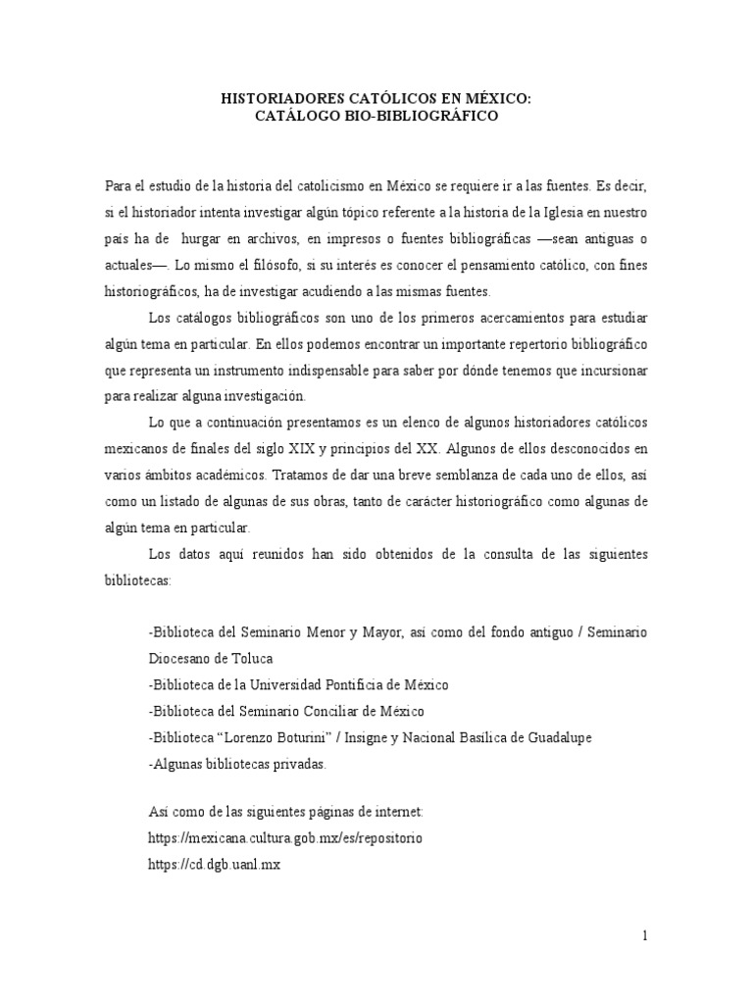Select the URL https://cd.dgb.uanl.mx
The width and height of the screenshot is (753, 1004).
click(x=214, y=866)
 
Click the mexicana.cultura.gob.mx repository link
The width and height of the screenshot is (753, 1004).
click(x=284, y=840)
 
